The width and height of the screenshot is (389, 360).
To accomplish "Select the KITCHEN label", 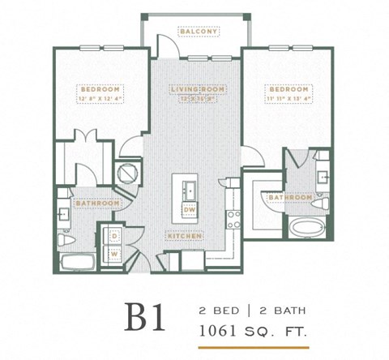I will point(185,235).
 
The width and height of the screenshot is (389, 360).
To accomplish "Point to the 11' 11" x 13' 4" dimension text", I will point(288,98).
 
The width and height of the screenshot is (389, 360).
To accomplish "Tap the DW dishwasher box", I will point(190,211).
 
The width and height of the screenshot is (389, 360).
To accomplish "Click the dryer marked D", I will point(114,237).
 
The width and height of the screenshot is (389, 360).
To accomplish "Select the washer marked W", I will point(114,255).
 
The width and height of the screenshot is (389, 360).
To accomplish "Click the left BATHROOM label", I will point(97,203).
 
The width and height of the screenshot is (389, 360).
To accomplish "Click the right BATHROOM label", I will point(290,197).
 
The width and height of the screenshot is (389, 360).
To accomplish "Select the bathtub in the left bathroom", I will point(77,263).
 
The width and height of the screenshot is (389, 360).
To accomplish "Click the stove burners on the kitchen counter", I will point(235,217).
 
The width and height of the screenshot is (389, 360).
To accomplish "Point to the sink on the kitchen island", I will point(190,190).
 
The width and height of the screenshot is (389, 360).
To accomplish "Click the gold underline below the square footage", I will point(254,346).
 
